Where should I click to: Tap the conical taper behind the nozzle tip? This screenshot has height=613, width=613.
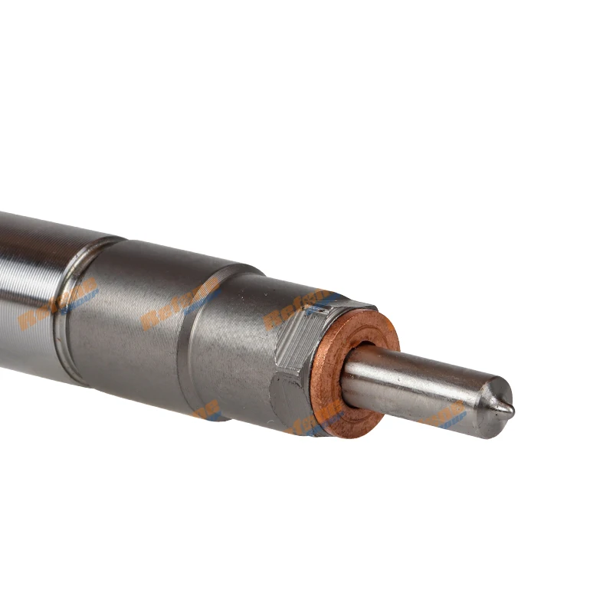coord(494,399)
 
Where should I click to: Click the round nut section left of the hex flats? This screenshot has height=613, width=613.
coord(230,337)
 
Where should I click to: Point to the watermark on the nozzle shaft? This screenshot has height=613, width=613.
coord(448,415)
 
